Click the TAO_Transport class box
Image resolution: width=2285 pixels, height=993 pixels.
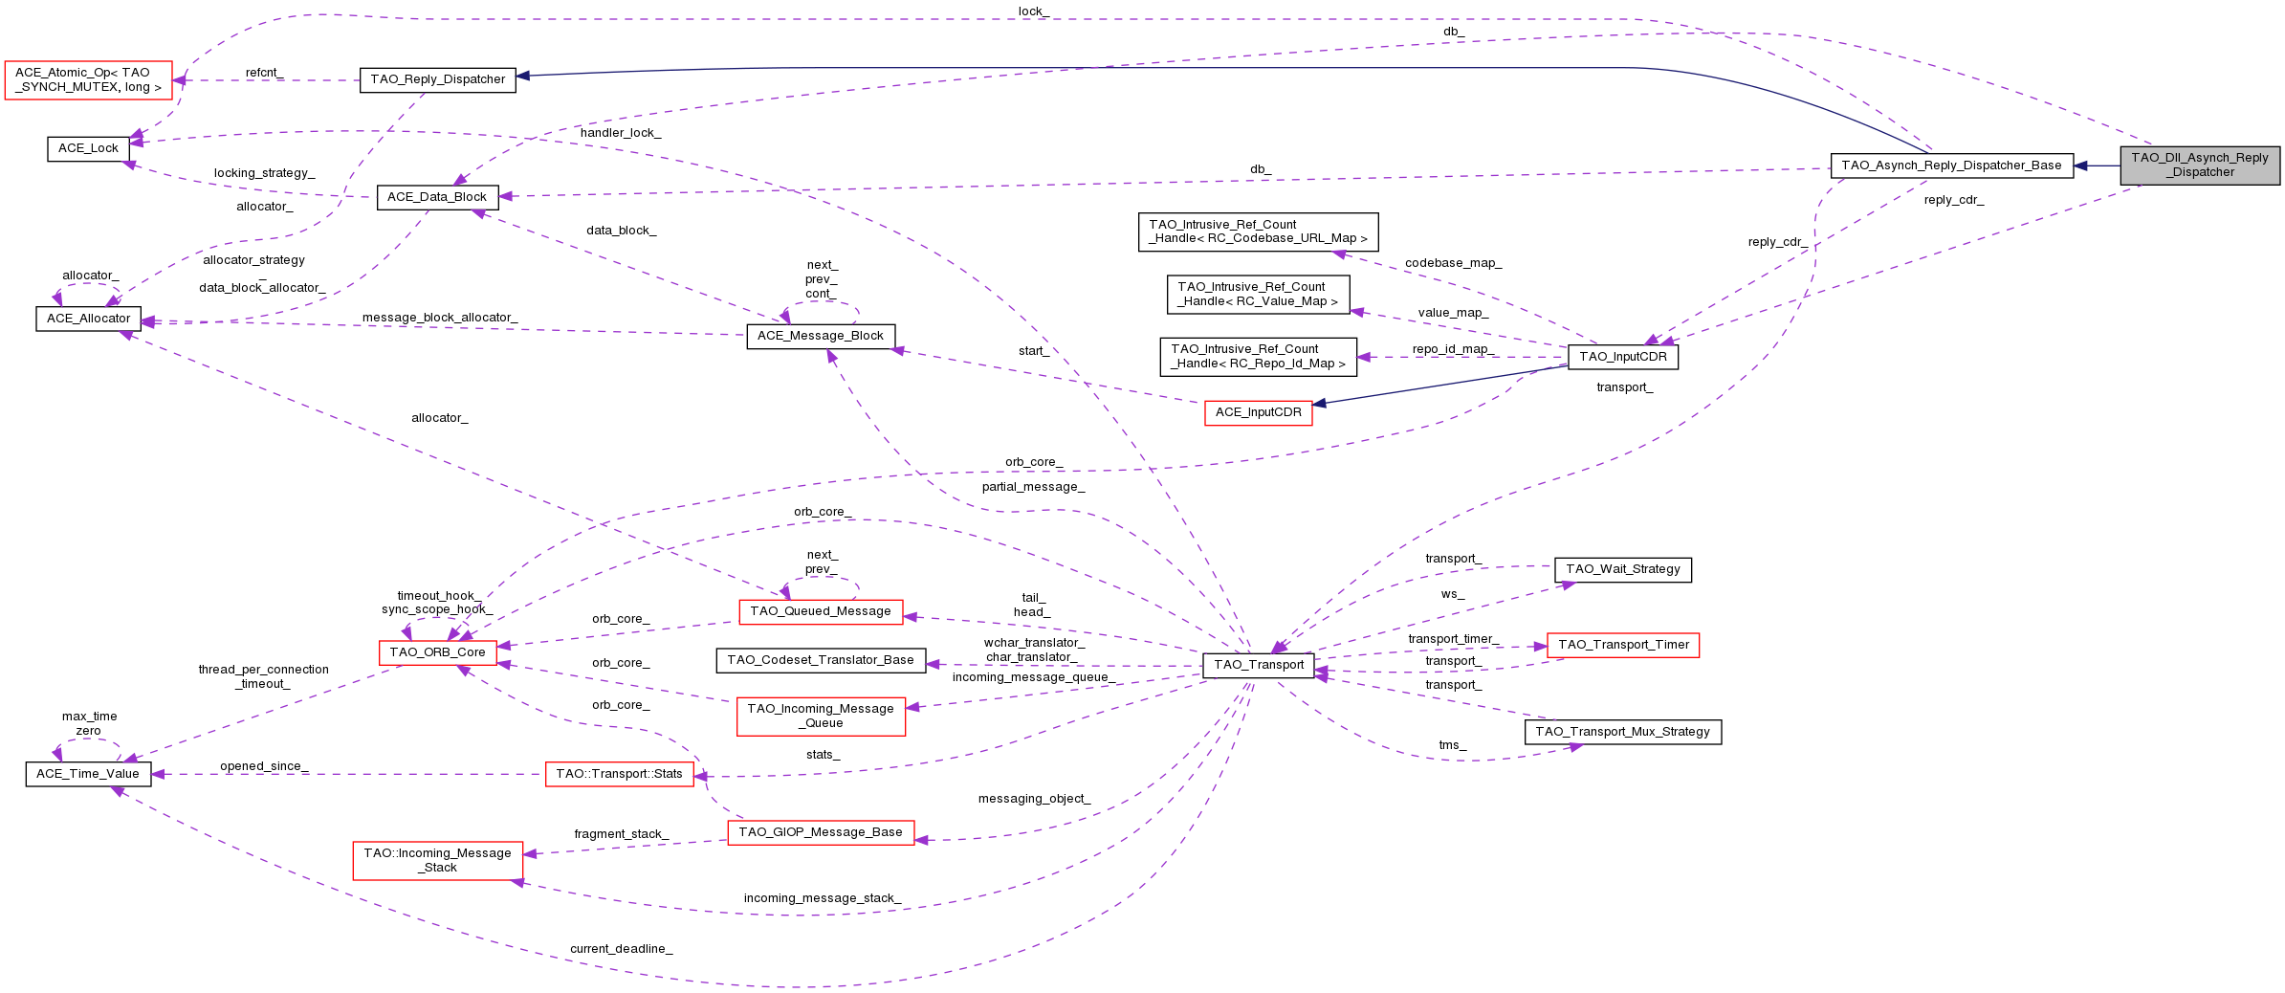click(1258, 665)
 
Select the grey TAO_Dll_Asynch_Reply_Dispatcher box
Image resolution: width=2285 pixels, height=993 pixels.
click(2199, 165)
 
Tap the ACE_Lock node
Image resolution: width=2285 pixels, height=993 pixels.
click(88, 148)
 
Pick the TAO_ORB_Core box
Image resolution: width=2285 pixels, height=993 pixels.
click(437, 652)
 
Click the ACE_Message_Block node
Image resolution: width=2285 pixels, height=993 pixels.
click(820, 336)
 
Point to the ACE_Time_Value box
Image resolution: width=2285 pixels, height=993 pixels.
click(88, 774)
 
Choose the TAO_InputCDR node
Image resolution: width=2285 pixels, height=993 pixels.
click(1622, 357)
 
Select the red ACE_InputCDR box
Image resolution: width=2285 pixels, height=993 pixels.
click(1258, 412)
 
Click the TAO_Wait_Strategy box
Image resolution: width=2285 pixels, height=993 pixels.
click(1622, 569)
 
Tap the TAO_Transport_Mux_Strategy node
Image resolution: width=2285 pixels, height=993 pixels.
click(1622, 732)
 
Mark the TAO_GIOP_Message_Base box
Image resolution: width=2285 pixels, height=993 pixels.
click(820, 832)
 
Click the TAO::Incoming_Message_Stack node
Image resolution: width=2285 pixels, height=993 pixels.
click(437, 860)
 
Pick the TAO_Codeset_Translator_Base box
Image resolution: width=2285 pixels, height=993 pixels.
click(820, 660)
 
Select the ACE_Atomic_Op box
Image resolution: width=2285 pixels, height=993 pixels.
click(88, 79)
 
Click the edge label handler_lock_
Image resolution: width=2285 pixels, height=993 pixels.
click(620, 133)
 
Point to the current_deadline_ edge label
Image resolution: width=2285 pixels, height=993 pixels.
click(621, 949)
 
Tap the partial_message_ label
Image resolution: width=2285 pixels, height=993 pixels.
click(1033, 487)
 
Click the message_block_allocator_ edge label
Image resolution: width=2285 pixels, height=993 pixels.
click(439, 318)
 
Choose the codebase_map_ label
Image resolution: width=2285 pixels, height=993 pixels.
click(1453, 263)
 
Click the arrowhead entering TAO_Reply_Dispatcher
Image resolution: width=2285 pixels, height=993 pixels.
click(523, 76)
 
